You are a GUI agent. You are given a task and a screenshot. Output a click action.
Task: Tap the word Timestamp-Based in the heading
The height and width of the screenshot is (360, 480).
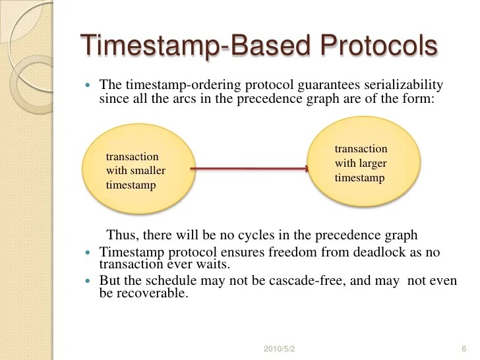click(x=197, y=45)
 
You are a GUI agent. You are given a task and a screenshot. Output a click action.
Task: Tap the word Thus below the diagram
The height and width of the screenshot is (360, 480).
click(x=121, y=235)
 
